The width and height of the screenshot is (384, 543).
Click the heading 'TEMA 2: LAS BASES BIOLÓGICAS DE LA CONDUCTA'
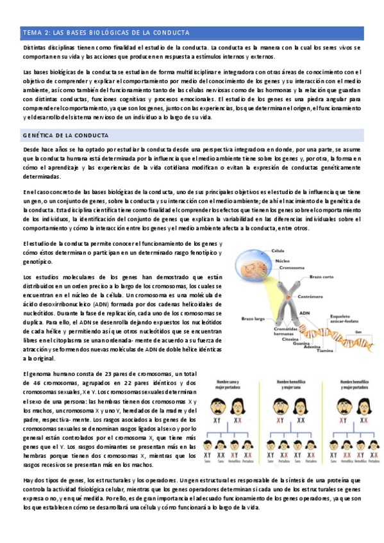(x=106, y=33)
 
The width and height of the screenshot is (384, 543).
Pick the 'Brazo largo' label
(x=253, y=318)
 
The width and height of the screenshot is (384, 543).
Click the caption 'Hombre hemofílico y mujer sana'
(x=292, y=384)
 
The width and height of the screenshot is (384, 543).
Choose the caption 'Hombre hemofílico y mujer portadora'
(x=355, y=384)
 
